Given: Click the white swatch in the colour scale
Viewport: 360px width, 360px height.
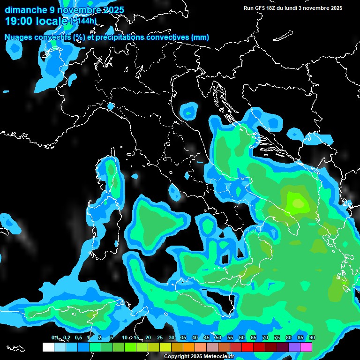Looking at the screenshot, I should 48,347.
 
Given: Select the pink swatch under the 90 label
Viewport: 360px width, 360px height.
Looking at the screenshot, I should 306,347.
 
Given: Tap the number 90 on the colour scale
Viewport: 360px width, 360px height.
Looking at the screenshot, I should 312,337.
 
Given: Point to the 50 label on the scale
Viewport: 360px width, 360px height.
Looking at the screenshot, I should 218,337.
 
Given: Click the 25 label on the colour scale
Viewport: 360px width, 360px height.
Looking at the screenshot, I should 159,337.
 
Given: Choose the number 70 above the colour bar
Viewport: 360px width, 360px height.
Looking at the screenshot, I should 265,337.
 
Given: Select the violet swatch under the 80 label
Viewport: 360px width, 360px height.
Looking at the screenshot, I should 294,347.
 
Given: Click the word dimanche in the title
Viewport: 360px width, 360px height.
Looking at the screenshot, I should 26,10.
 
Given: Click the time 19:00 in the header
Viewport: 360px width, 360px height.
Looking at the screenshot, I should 20,21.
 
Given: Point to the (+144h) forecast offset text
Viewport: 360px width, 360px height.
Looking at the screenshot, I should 83,21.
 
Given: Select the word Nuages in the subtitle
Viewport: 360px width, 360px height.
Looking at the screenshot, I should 18,37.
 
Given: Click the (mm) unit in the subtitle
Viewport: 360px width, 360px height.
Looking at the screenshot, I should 200,37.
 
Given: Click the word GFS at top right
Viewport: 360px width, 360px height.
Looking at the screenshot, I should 260,8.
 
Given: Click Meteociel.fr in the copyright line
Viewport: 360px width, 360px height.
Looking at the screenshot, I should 222,357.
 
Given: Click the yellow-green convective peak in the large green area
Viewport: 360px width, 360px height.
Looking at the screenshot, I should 297,202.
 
